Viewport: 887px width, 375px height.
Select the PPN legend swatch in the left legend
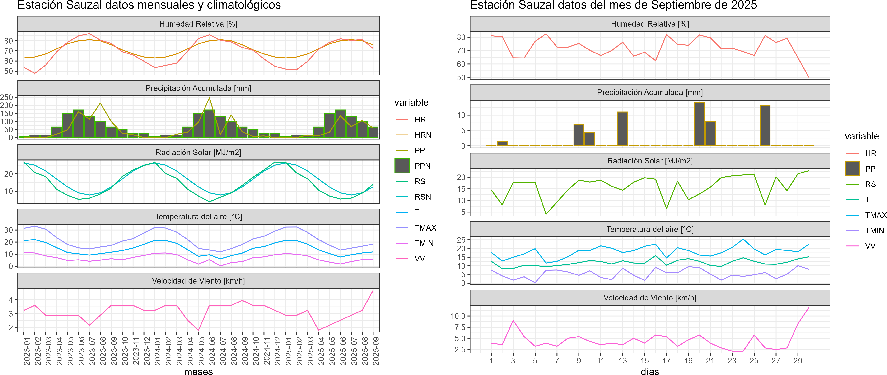point(402,166)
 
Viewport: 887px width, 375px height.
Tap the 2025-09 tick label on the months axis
point(376,351)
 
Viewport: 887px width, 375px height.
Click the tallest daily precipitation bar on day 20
point(699,124)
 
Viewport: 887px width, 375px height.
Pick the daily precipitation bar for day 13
point(623,129)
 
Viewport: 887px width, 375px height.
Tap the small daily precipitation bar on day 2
point(502,143)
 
